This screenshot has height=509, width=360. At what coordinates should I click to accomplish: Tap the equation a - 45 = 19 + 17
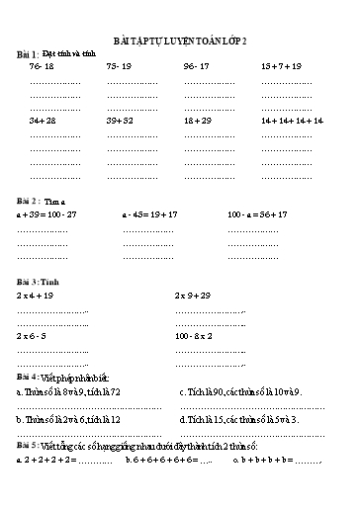tap(149, 213)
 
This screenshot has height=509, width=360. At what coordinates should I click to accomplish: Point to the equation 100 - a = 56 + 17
tap(256, 213)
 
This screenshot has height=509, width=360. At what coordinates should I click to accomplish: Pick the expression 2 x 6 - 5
tap(32, 336)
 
